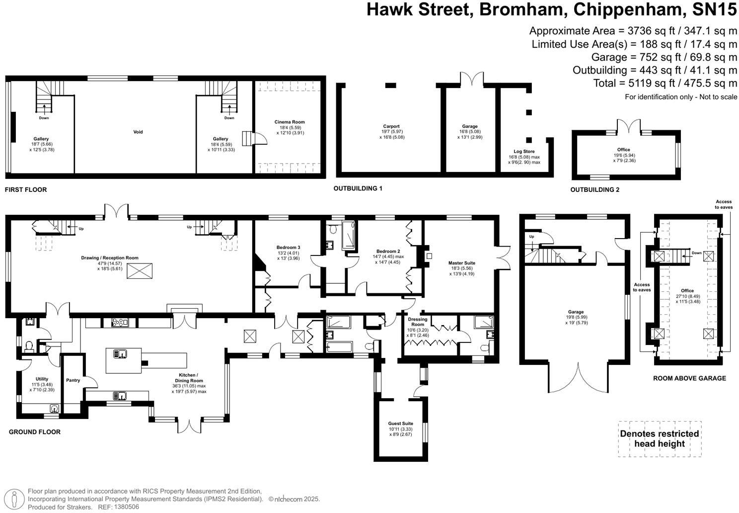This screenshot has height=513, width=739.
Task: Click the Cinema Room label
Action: pyautogui.click(x=290, y=122)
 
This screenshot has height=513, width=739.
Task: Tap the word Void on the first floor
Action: pyautogui.click(x=138, y=132)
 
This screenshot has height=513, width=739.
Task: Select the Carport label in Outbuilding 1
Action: pyautogui.click(x=391, y=126)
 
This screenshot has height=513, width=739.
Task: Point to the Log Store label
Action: pyautogui.click(x=524, y=152)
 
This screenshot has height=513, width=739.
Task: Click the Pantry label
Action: pyautogui.click(x=73, y=380)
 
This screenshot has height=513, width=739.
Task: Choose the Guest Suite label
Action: pyautogui.click(x=400, y=423)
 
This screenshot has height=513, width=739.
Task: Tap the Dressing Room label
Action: pyautogui.click(x=418, y=322)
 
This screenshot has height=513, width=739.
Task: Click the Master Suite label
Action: pyautogui.click(x=461, y=263)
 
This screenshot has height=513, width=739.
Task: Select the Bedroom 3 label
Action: pyautogui.click(x=289, y=247)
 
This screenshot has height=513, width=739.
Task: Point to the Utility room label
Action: pyautogui.click(x=42, y=379)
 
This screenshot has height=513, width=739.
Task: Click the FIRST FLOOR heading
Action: pyautogui.click(x=26, y=189)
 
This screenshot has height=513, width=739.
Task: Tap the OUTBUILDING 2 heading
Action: pyautogui.click(x=595, y=189)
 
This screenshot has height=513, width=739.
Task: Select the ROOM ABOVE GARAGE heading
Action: pyautogui.click(x=689, y=378)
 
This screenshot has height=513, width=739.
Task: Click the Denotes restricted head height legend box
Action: pyautogui.click(x=660, y=439)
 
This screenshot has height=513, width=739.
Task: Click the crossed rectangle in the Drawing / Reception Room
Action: pyautogui.click(x=140, y=271)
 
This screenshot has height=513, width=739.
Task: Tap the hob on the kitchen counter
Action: pyautogui.click(x=120, y=323)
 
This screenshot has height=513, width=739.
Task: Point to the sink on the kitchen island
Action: pyautogui.click(x=121, y=353)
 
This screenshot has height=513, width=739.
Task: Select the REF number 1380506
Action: pyautogui.click(x=126, y=507)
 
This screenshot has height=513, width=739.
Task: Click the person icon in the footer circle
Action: pyautogui.click(x=14, y=499)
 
